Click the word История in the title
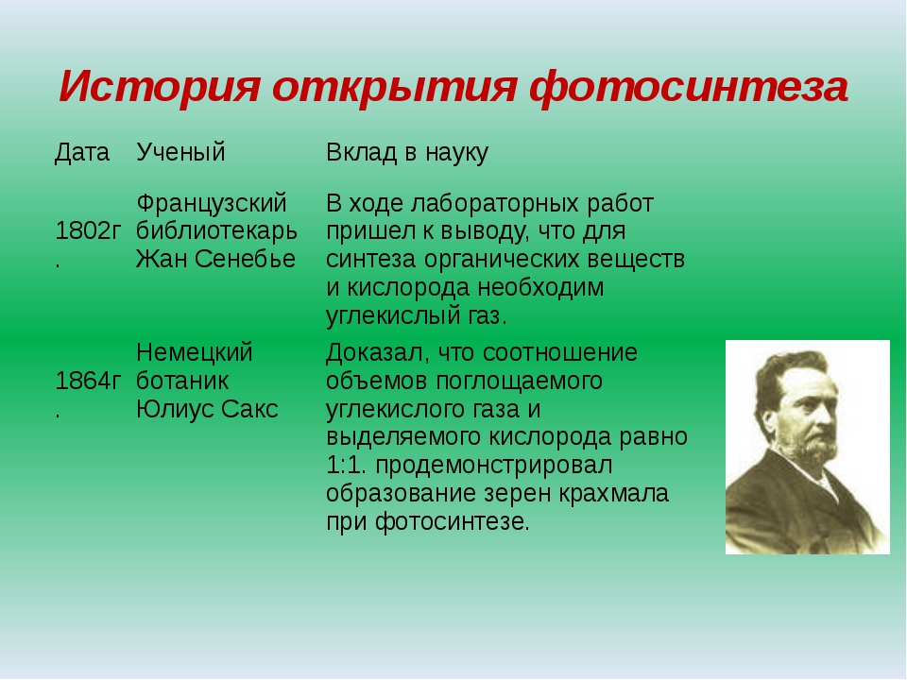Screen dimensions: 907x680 (x=159, y=87)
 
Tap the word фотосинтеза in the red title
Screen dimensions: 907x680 (x=689, y=87)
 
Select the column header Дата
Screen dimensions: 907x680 (x=82, y=153)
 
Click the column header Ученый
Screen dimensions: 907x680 (x=180, y=153)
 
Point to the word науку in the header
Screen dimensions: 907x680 (x=456, y=153)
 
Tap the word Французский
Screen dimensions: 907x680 (x=212, y=204)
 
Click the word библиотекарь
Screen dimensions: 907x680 (x=217, y=231)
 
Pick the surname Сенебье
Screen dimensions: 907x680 (x=246, y=259)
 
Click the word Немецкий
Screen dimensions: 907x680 (x=195, y=352)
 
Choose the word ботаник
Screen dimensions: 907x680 (x=182, y=381)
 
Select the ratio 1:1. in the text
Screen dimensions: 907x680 (x=347, y=466)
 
